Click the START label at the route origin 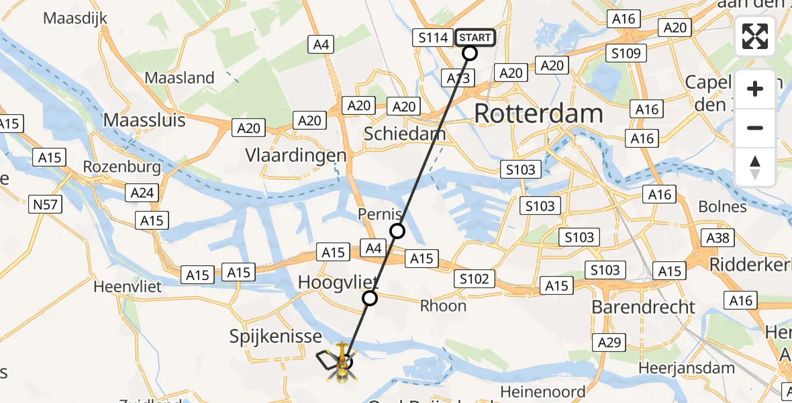pos(475,38)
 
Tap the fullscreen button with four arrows pos(755,36)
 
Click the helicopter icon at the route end pos(342,361)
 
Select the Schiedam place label pos(404,134)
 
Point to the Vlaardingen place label pos(295,155)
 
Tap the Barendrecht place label pos(643,307)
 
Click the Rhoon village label pos(443,306)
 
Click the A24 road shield pos(142,193)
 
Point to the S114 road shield pos(433,38)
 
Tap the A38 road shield pos(718,238)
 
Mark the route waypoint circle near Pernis pos(397,231)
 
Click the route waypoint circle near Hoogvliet pos(370,298)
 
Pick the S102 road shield pos(475,278)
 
